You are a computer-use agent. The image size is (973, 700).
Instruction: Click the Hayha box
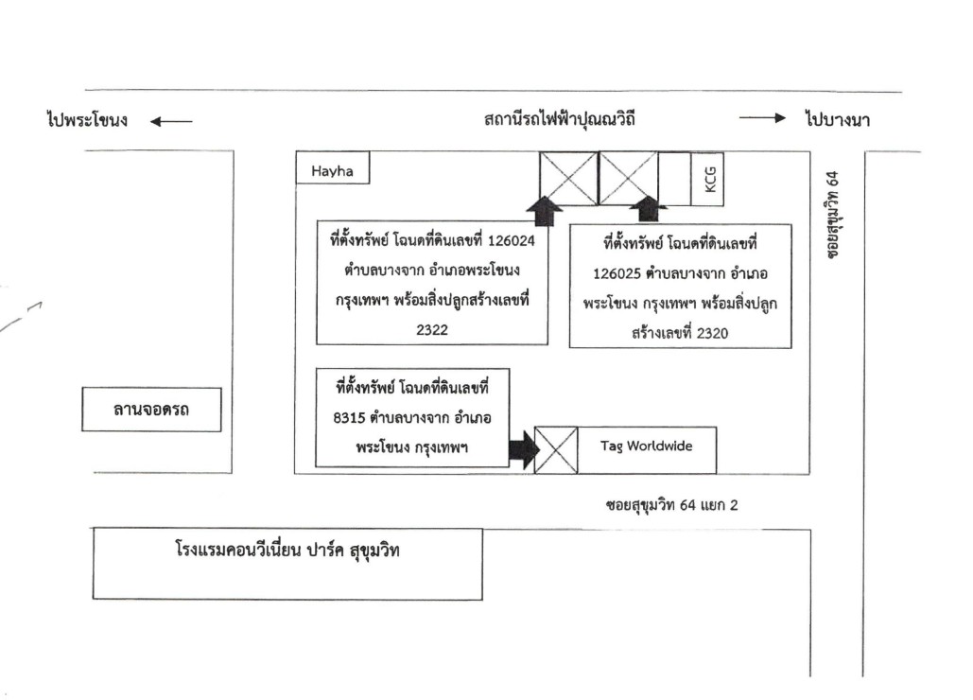[333, 167]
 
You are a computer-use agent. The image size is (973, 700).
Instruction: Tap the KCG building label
[710, 180]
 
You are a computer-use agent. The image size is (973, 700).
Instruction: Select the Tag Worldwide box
[647, 450]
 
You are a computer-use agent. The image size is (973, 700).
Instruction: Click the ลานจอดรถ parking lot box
[151, 410]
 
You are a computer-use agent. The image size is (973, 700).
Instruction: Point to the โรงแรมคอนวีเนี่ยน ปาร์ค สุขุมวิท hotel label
[287, 551]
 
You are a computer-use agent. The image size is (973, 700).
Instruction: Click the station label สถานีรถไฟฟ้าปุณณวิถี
[560, 118]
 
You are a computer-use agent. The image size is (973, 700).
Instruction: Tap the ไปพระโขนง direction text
[88, 119]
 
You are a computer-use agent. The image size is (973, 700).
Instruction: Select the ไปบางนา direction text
[838, 118]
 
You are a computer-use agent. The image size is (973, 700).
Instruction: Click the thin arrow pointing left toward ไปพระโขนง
[171, 122]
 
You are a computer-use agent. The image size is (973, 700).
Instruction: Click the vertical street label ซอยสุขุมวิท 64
[833, 215]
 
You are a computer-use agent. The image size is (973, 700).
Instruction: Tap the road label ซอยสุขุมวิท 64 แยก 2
[672, 505]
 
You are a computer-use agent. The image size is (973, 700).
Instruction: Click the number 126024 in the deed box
[512, 241]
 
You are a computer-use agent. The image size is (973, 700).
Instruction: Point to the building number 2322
[432, 329]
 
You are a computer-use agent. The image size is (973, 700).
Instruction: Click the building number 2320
[712, 333]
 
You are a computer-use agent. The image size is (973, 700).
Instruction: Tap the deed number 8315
[349, 418]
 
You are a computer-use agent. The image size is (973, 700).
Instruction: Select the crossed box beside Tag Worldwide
[556, 450]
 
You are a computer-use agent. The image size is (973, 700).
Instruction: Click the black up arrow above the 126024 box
[545, 211]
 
